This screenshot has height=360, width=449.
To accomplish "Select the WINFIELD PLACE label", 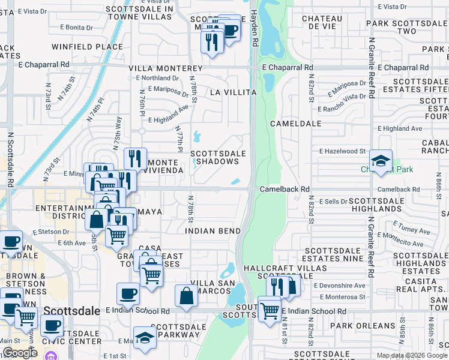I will pyautogui.click(x=86, y=46).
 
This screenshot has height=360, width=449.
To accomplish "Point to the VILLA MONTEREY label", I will pyautogui.click(x=165, y=69).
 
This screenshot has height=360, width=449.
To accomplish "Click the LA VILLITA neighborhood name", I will pyautogui.click(x=233, y=92).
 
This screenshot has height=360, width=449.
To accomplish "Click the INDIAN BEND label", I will pyautogui.click(x=212, y=231).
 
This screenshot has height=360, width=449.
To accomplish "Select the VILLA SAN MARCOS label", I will pyautogui.click(x=211, y=287).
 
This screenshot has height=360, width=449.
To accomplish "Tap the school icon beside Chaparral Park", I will pyautogui.click(x=381, y=161).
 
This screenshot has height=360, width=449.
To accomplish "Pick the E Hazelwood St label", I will pyautogui.click(x=342, y=152).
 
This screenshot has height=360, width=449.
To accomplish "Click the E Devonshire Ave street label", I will pyautogui.click(x=339, y=286).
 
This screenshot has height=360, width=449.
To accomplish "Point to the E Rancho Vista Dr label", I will pyautogui.click(x=346, y=96).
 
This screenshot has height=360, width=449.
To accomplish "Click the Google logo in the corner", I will pyautogui.click(x=20, y=353).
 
